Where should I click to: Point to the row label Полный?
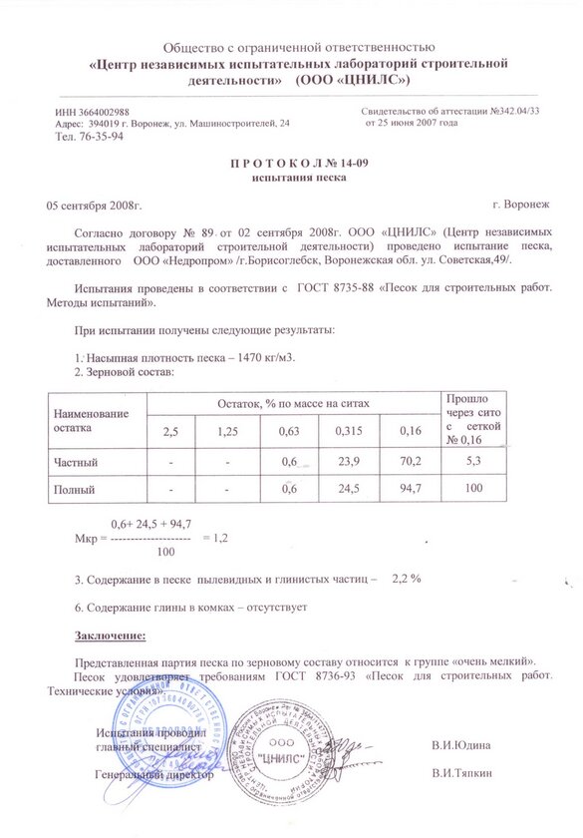[74, 491]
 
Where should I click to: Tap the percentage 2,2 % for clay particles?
[408, 578]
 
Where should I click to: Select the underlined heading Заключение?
[111, 633]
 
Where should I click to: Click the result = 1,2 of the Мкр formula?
[216, 537]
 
